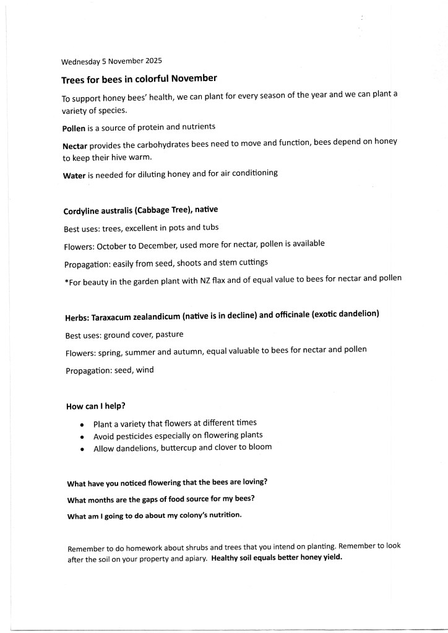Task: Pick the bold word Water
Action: (x=74, y=175)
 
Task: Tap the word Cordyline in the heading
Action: (x=83, y=210)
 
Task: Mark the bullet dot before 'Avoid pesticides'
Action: (x=83, y=437)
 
